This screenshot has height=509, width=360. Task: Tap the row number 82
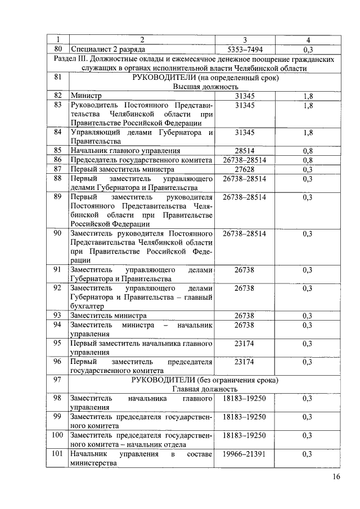coord(57,96)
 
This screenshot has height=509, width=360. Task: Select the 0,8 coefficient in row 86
coord(307,160)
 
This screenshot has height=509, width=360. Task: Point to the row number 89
coord(57,197)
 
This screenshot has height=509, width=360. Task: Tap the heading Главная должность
coord(205,389)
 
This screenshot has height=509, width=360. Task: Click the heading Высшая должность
coord(205,87)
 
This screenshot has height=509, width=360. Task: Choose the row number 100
coord(57,435)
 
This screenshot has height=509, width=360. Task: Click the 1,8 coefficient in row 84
coord(307,133)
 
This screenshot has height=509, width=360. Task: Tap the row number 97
coord(57,380)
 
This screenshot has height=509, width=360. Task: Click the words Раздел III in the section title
coord(71,58)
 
